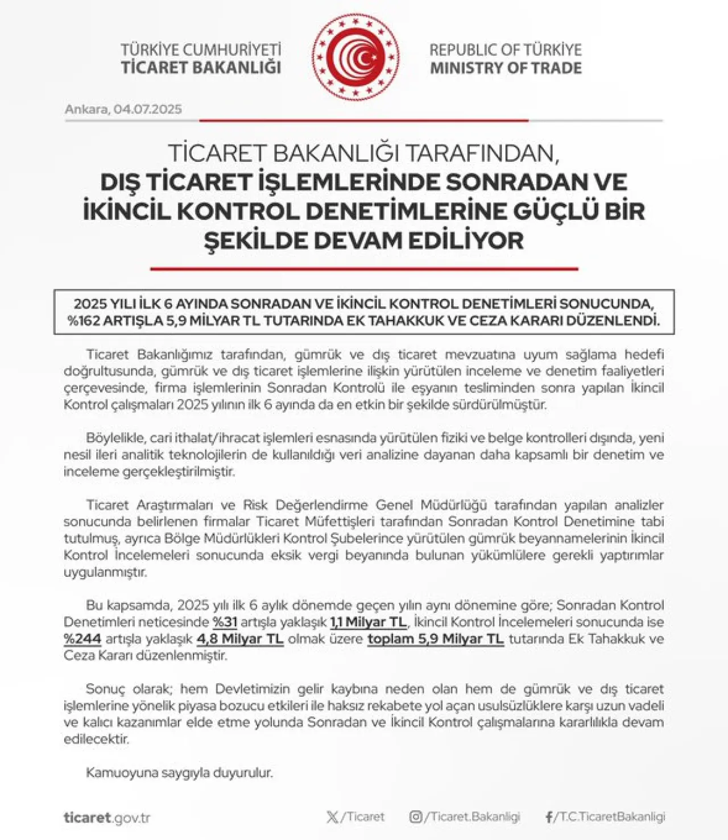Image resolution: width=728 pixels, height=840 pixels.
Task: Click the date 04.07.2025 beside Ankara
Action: point(148,109)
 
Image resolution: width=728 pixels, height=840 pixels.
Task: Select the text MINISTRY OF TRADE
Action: point(506,68)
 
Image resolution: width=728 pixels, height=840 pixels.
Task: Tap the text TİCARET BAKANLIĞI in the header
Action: point(201,68)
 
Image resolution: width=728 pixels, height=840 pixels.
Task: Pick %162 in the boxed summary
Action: point(84,320)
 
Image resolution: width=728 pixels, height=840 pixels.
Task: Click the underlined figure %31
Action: point(225,622)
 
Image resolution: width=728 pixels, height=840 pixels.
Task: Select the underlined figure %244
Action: point(82,639)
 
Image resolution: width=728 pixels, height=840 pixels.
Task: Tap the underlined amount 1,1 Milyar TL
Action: point(369,622)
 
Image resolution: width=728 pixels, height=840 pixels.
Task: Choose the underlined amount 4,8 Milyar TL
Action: point(240,639)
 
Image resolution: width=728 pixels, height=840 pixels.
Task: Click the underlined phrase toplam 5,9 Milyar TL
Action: point(436,639)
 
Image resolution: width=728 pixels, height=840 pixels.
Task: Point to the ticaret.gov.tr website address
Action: point(107,818)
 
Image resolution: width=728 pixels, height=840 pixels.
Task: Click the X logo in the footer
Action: point(333,817)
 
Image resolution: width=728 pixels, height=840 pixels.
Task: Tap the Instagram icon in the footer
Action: point(416,817)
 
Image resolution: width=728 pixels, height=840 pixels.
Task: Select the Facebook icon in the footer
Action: point(549,817)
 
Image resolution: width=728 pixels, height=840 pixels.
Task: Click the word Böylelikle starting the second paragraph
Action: point(115,438)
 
